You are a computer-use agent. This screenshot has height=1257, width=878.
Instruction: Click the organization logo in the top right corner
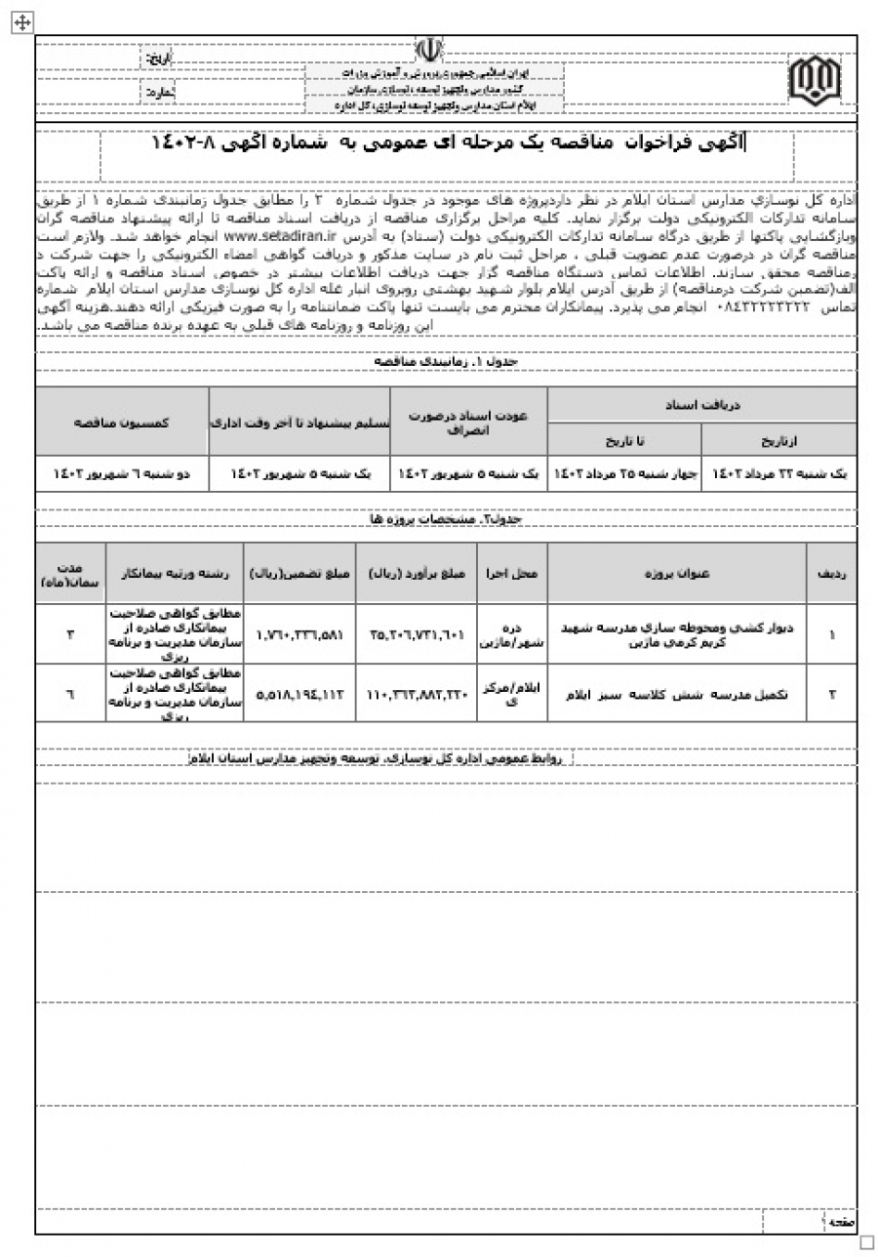814,79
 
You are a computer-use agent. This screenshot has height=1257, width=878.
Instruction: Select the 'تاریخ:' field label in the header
158,60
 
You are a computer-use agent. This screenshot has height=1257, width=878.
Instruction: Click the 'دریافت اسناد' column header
701,404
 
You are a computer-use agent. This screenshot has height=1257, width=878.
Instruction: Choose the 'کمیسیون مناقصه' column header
123,421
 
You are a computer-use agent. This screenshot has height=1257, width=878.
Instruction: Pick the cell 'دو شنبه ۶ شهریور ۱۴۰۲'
123,472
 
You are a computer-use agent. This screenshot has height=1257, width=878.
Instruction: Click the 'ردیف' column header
831,573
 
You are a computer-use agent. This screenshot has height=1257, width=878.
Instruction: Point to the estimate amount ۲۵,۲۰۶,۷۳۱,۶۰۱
416,633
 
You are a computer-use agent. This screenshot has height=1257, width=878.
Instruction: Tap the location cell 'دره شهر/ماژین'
511,634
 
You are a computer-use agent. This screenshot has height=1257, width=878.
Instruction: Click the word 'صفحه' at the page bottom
840,1220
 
